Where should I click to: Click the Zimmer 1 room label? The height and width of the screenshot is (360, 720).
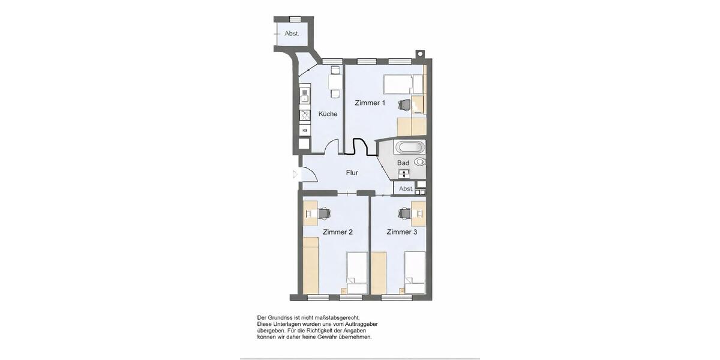pos(370,103)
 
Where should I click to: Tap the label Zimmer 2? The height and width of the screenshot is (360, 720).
pos(337,232)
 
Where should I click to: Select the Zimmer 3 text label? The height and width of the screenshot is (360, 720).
pos(401,232)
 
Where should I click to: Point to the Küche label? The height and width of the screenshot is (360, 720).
pos(328,114)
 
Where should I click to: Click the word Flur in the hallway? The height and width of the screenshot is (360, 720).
pos(352,173)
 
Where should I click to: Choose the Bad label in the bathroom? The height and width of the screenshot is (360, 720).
pos(403,163)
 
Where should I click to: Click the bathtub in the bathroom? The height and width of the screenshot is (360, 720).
pos(409,147)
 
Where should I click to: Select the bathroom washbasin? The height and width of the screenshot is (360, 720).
pos(405,175)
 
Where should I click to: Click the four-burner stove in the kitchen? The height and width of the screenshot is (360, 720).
pos(305,115)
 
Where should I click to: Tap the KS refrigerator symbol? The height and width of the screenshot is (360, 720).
pos(305,130)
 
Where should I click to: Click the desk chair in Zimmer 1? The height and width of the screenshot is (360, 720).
pos(404,104)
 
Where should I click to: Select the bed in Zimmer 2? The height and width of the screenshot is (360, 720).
pos(357,272)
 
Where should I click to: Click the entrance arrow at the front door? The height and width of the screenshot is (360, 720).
pos(294,175)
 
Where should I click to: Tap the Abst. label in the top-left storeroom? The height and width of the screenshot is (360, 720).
pos(292,34)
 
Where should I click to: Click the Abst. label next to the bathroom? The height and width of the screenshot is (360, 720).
pos(406,188)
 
